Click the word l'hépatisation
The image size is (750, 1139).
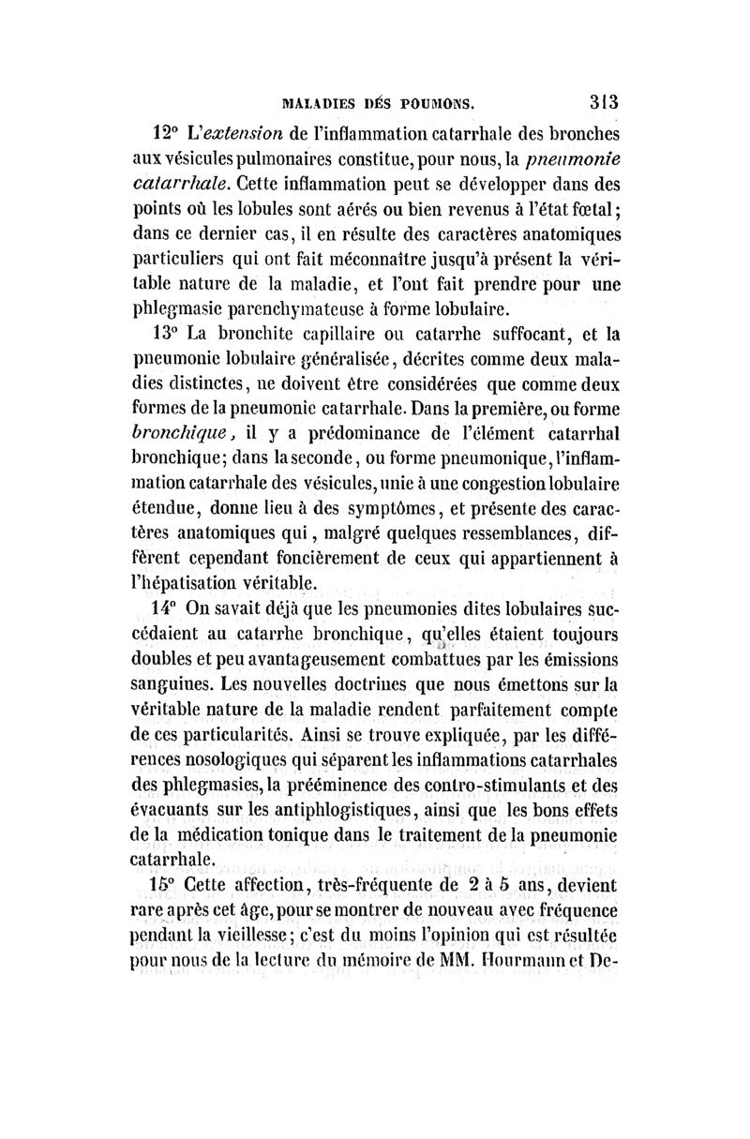click(x=187, y=583)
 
